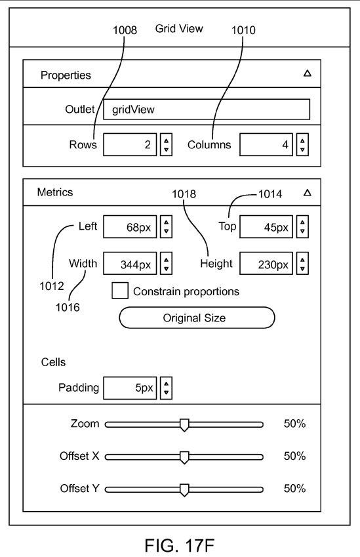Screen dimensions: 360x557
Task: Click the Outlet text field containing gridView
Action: [207, 110]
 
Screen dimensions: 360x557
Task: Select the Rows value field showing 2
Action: [130, 144]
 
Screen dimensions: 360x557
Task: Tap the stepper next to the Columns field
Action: [302, 144]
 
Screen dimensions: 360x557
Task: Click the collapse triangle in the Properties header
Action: [308, 73]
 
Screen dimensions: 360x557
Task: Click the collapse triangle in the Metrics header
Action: [308, 192]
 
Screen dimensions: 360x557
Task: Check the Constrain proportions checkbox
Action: [120, 291]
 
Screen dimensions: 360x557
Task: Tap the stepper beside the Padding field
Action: [166, 388]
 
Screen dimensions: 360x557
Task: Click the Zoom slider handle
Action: [184, 425]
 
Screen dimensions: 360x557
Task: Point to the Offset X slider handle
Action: [184, 457]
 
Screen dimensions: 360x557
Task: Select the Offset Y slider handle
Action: [184, 490]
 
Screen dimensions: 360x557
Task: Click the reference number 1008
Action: [125, 30]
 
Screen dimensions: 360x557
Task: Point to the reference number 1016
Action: [68, 307]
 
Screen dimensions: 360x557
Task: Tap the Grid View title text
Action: [179, 28]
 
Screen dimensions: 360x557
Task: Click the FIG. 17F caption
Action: [180, 545]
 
